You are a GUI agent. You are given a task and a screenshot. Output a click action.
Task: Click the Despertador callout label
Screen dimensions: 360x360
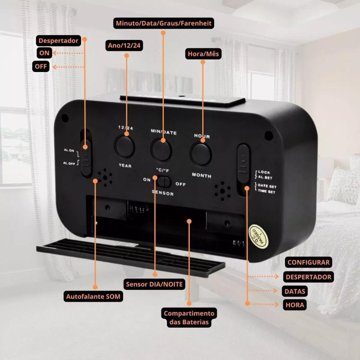coord(58,41)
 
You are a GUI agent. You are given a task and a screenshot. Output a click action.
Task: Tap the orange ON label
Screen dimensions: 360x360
coord(44,53)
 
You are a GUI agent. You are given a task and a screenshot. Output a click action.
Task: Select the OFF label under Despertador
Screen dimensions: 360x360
coord(41,67)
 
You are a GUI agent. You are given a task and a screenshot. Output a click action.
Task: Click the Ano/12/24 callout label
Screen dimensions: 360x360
coord(124,46)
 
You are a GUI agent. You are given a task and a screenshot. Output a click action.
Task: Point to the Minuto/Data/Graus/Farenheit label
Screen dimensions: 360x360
coord(164,24)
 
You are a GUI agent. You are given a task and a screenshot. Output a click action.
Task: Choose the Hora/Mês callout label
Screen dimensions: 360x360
coord(203,54)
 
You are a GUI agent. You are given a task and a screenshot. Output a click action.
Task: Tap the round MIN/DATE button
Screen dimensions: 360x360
coord(161,149)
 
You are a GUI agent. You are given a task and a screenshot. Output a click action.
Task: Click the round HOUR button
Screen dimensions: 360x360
coord(201,154)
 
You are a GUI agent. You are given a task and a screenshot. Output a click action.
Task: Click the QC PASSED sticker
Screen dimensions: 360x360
coord(258,237)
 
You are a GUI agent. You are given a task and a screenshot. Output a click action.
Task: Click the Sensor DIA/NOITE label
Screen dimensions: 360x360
coord(154,284)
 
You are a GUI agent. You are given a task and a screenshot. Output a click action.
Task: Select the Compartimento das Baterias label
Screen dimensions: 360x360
coord(189,318)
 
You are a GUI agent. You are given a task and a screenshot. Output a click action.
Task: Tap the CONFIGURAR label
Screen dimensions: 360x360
coord(309,262)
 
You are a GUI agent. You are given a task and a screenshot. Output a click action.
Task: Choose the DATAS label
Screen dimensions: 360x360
coord(294,291)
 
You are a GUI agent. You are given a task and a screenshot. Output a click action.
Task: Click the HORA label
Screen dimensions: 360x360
coord(295,305)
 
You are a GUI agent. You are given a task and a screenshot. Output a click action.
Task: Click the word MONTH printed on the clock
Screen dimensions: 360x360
coord(202,175)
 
